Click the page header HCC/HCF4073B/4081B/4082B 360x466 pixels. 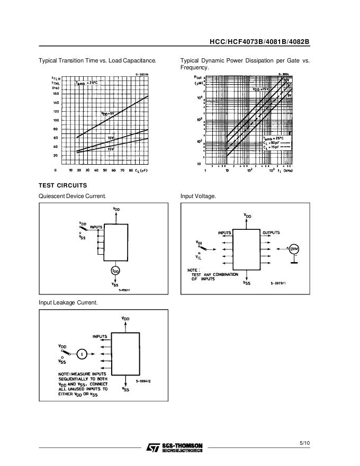259,42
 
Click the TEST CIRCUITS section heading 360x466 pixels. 63,185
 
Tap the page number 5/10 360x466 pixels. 304,443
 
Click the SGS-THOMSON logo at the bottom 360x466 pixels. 175,448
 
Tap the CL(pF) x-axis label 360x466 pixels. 140,171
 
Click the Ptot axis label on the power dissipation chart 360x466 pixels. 199,77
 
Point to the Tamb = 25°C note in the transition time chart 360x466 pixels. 86,83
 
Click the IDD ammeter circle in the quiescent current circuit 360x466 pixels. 115,270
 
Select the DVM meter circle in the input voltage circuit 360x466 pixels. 294,249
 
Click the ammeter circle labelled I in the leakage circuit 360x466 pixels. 82,353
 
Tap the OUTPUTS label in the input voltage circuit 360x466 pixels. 271,232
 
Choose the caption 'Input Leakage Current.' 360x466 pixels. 68,302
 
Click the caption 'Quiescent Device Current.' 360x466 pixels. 73,196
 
